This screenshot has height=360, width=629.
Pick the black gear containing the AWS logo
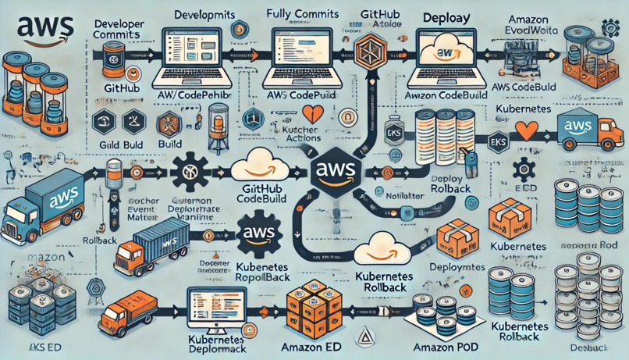coord(258,233)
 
